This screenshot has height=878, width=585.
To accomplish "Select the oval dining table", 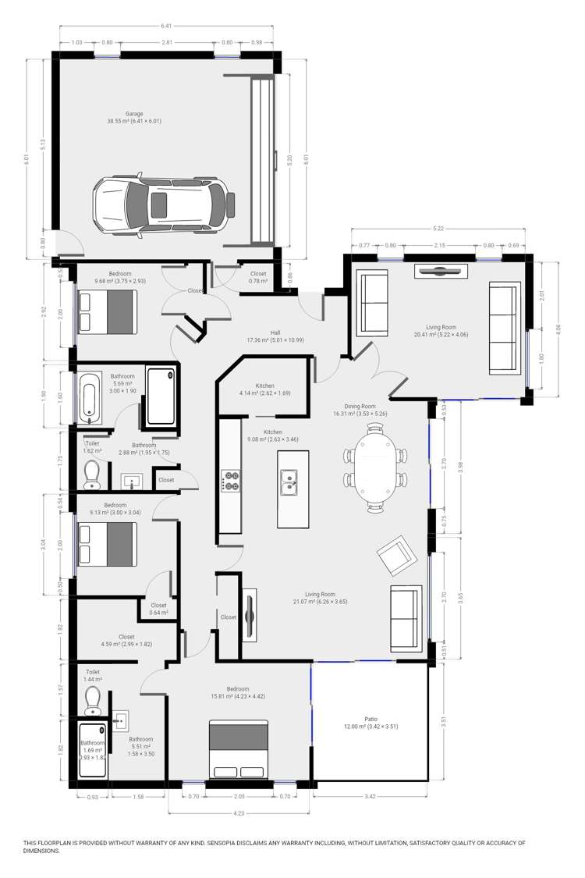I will click(x=376, y=465).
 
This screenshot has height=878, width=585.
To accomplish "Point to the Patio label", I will click(x=370, y=719).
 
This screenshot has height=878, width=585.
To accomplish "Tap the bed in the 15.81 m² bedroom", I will click(x=239, y=750).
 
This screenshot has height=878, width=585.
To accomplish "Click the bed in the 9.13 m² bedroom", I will click(x=107, y=543).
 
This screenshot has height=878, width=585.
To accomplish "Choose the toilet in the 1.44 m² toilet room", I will click(x=93, y=699).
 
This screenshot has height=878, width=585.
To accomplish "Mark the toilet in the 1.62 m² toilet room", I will click(x=92, y=473).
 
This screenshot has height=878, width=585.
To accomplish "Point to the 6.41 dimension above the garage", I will click(x=166, y=26).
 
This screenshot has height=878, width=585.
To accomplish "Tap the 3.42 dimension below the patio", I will click(x=370, y=798).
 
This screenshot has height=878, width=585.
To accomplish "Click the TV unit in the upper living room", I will click(x=441, y=272).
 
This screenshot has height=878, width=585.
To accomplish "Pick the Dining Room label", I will click(x=360, y=406).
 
